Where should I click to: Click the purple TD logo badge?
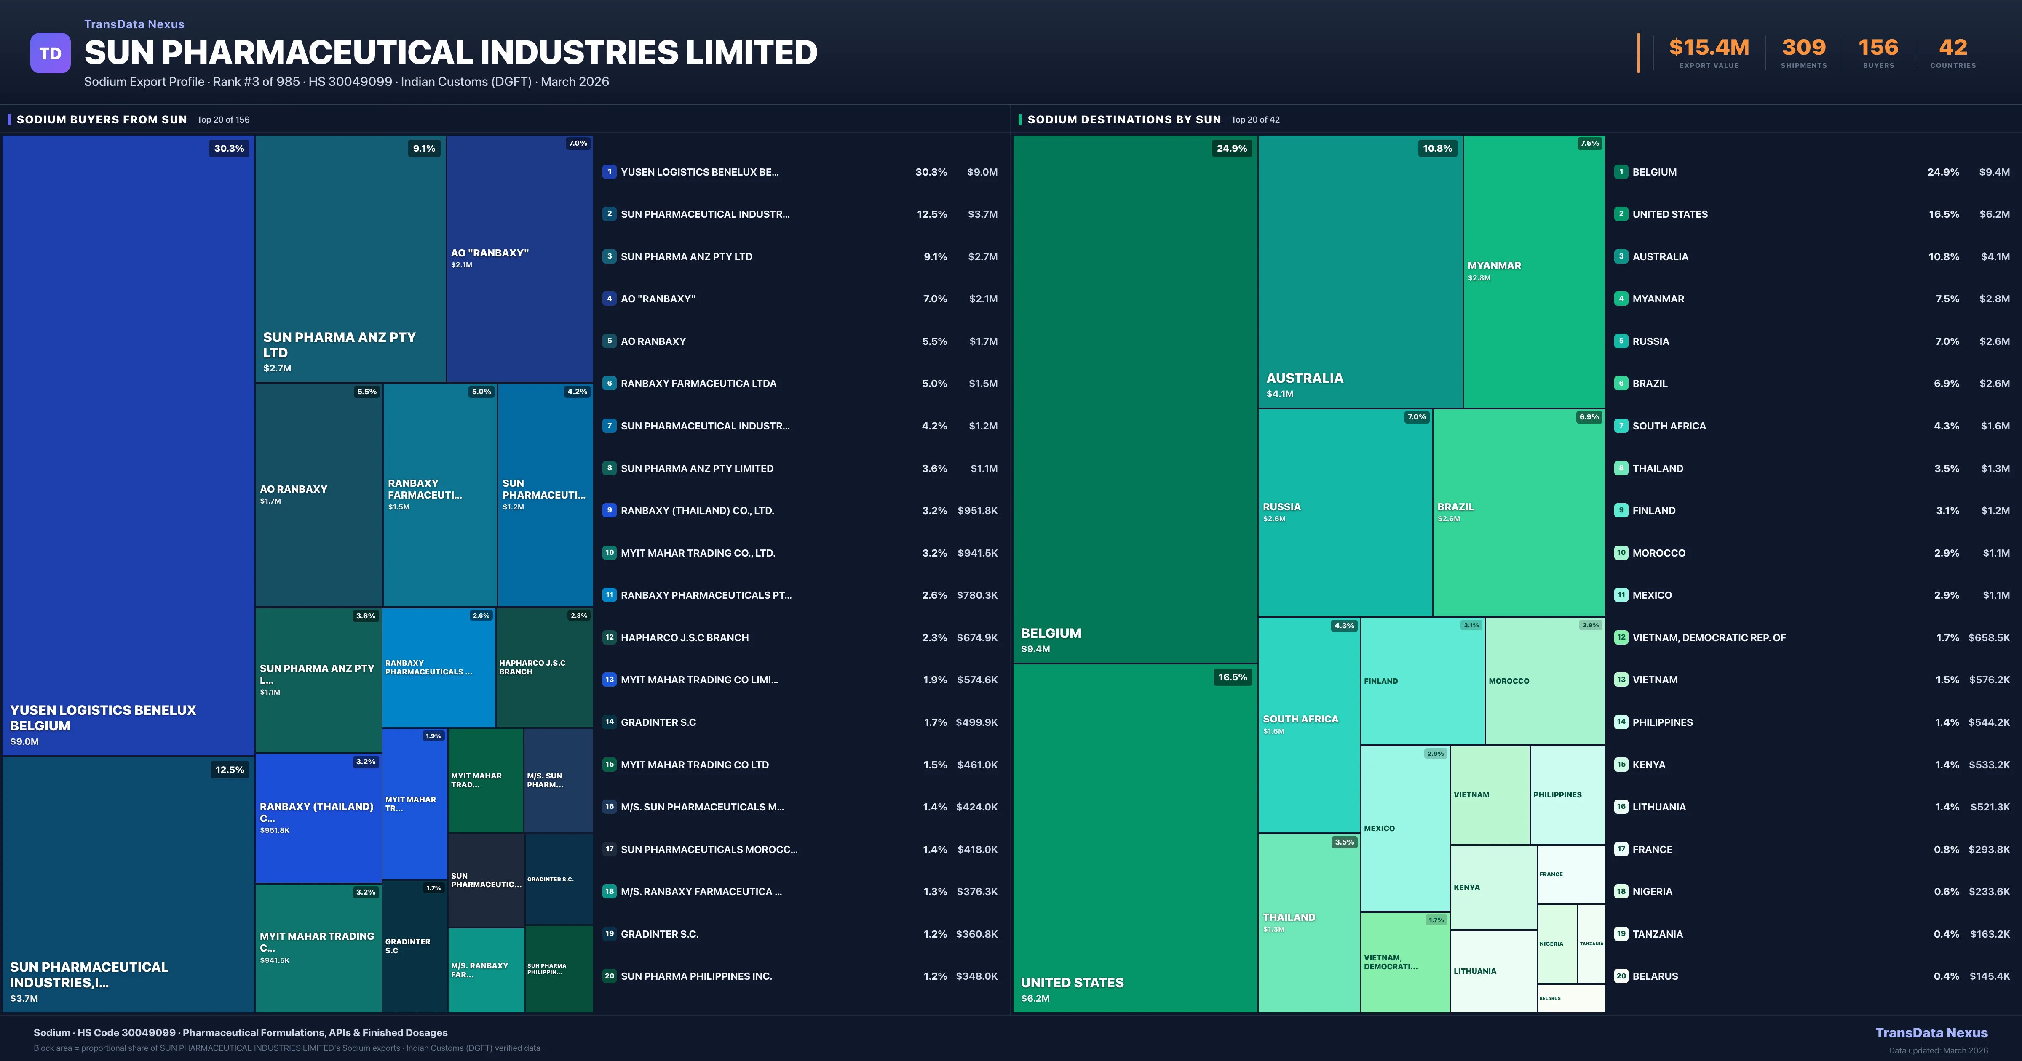(50, 53)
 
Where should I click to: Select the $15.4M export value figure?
(1709, 48)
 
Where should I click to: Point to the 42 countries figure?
(1953, 48)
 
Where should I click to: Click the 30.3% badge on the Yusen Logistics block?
(229, 148)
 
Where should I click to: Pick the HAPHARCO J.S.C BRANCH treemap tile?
(543, 667)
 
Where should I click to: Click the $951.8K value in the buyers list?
(977, 511)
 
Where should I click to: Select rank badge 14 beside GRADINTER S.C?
(609, 722)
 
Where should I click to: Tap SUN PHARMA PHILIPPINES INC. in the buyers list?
(696, 976)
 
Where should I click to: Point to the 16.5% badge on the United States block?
(1232, 677)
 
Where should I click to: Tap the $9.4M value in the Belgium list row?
(1994, 172)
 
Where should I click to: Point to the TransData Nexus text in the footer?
(1931, 1033)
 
